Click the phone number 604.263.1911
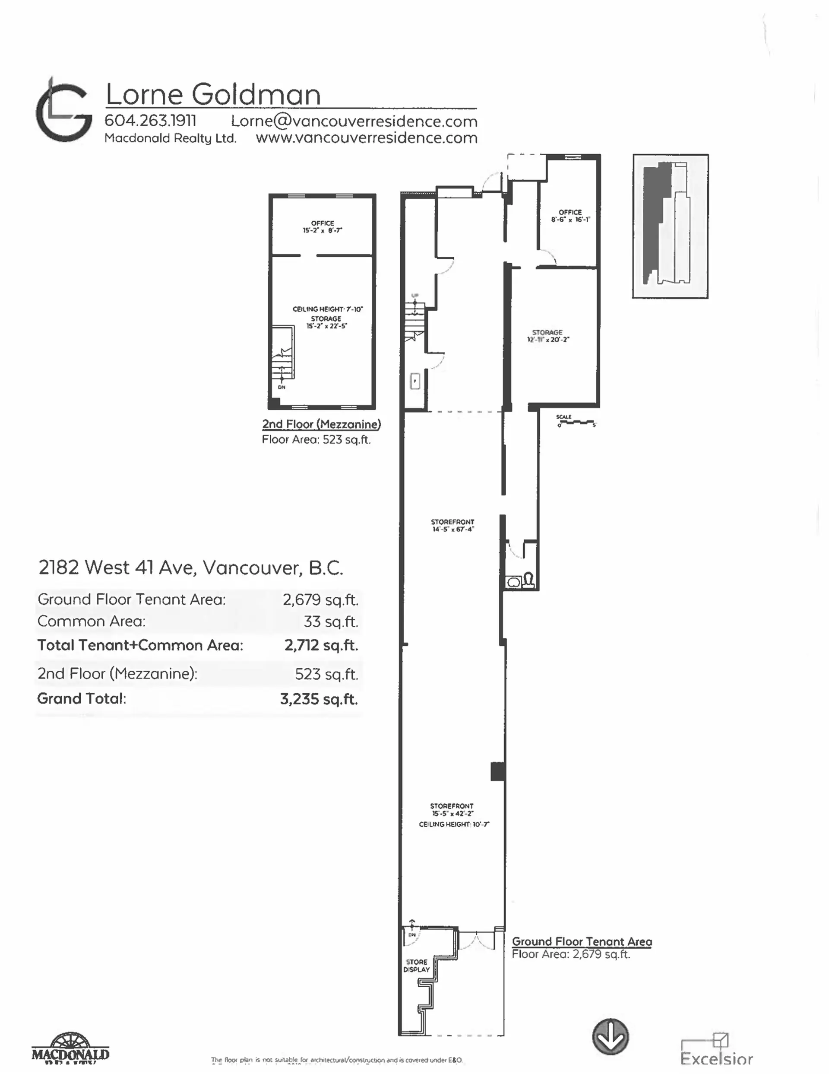click(x=150, y=121)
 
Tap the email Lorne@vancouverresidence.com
click(x=354, y=121)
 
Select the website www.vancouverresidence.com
click(x=366, y=138)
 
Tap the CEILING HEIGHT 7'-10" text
click(x=327, y=309)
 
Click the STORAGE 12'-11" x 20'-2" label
click(x=547, y=336)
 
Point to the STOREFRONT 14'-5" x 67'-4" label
click(x=452, y=525)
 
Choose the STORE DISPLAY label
click(x=417, y=966)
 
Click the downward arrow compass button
click(x=611, y=1036)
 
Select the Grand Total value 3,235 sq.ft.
click(x=319, y=699)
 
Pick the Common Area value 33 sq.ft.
click(x=331, y=621)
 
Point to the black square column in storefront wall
click(x=498, y=771)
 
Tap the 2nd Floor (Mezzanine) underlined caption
click(x=321, y=424)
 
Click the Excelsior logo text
click(x=716, y=1058)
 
